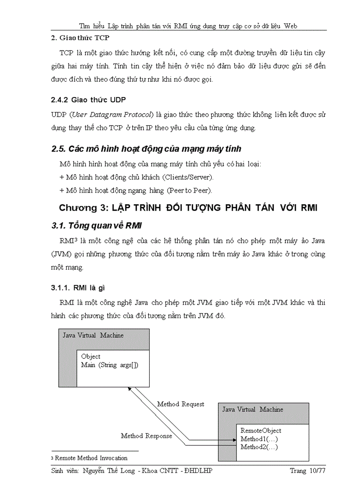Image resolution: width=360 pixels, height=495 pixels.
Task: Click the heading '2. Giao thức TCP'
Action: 81,38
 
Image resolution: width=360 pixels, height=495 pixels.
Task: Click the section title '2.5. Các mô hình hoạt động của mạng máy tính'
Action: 146,149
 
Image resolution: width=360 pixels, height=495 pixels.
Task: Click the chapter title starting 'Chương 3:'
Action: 188,208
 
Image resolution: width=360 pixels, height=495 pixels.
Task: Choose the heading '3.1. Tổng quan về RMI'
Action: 96,226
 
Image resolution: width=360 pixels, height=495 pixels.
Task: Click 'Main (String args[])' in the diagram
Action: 110,365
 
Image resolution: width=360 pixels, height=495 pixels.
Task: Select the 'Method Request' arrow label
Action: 180,404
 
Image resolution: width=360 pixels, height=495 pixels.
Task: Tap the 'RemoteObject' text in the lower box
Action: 261,431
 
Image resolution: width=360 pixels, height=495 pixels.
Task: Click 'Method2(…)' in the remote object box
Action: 259,447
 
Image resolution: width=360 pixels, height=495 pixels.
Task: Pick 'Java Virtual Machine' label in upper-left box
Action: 93,335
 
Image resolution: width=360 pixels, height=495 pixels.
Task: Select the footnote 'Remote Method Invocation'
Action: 91,458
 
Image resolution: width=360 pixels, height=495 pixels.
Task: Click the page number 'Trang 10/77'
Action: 307,471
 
